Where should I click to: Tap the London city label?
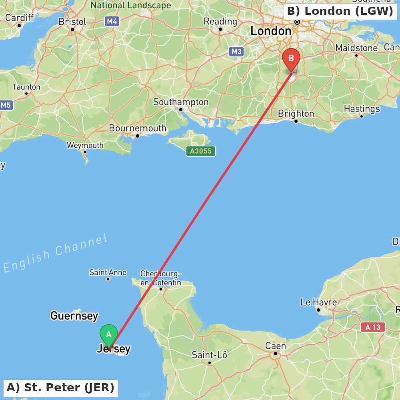pos(271,31)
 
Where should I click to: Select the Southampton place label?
pos(181,102)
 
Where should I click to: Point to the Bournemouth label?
pos(137,128)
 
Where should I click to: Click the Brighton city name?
pos(296,114)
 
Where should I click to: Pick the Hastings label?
pos(362,109)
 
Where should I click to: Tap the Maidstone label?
pos(356,48)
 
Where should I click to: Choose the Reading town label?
pos(220,21)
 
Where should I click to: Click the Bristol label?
pos(72,22)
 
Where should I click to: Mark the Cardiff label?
pos(19,18)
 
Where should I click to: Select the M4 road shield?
pos(112,21)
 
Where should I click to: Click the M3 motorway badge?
pos(236,51)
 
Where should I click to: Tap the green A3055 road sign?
pos(201,151)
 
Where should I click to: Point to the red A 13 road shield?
pos(373,327)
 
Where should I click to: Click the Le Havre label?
pos(319,302)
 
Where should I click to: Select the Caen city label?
pos(276,346)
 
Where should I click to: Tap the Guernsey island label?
pos(74,316)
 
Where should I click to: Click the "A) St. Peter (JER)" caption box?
pos(60,388)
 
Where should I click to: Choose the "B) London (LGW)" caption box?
pos(340,11)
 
